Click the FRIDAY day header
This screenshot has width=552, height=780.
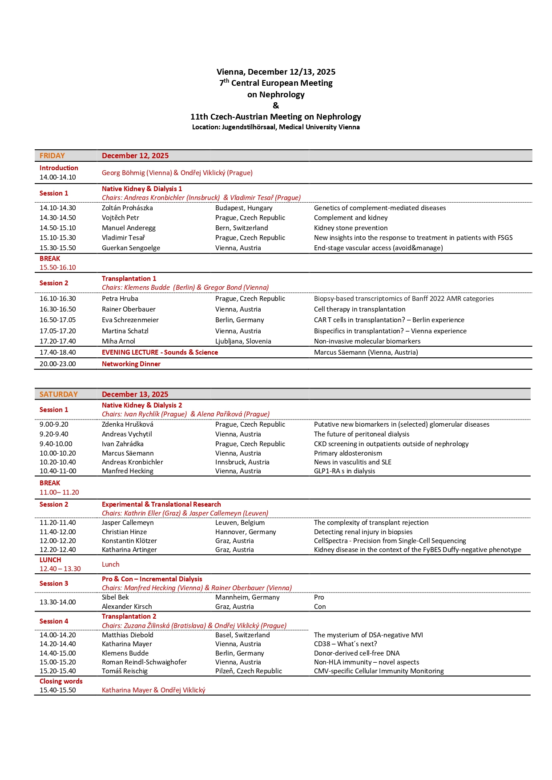click(x=52, y=156)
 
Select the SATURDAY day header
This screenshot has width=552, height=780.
click(x=58, y=394)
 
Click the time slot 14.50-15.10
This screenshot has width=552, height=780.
click(x=57, y=228)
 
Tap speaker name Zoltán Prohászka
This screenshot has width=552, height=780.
click(x=127, y=208)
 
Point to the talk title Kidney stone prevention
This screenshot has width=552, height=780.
click(x=351, y=228)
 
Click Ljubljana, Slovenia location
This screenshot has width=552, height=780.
click(x=243, y=341)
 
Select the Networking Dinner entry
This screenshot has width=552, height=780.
click(x=131, y=364)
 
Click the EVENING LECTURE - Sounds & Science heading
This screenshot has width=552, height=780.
click(x=160, y=352)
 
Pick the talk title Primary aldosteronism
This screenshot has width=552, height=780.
click(x=348, y=453)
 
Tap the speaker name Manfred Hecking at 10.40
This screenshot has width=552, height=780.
click(x=127, y=471)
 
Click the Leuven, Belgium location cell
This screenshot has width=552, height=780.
click(x=240, y=523)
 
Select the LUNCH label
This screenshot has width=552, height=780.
click(x=50, y=560)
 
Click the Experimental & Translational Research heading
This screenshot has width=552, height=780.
click(x=161, y=504)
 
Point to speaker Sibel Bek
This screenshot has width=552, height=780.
click(x=115, y=597)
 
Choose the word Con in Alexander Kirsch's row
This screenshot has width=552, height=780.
click(x=320, y=607)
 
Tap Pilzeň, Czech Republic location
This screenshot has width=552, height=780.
click(x=248, y=671)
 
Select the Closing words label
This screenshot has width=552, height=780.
click(x=61, y=681)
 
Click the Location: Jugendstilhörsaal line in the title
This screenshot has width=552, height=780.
click(x=276, y=127)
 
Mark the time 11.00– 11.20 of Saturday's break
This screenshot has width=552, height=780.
click(x=59, y=492)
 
